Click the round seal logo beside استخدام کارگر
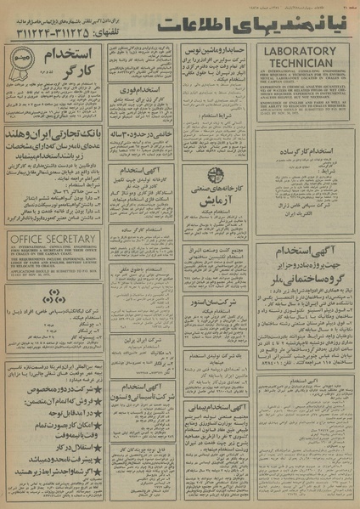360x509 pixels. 22,61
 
